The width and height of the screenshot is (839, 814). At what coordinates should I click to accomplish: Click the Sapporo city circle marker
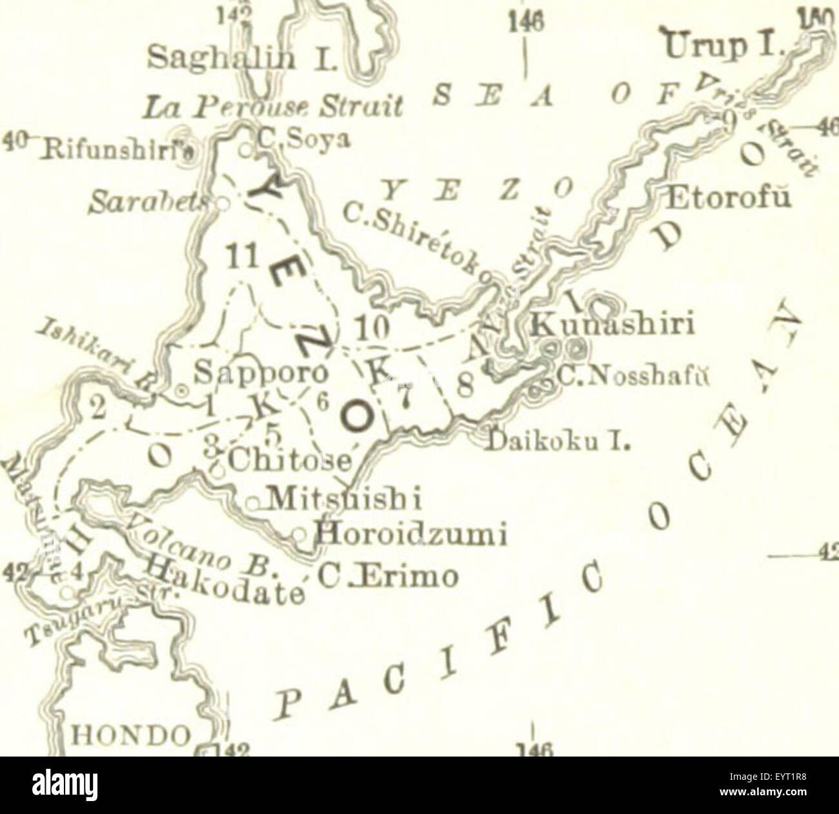[x=183, y=391]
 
